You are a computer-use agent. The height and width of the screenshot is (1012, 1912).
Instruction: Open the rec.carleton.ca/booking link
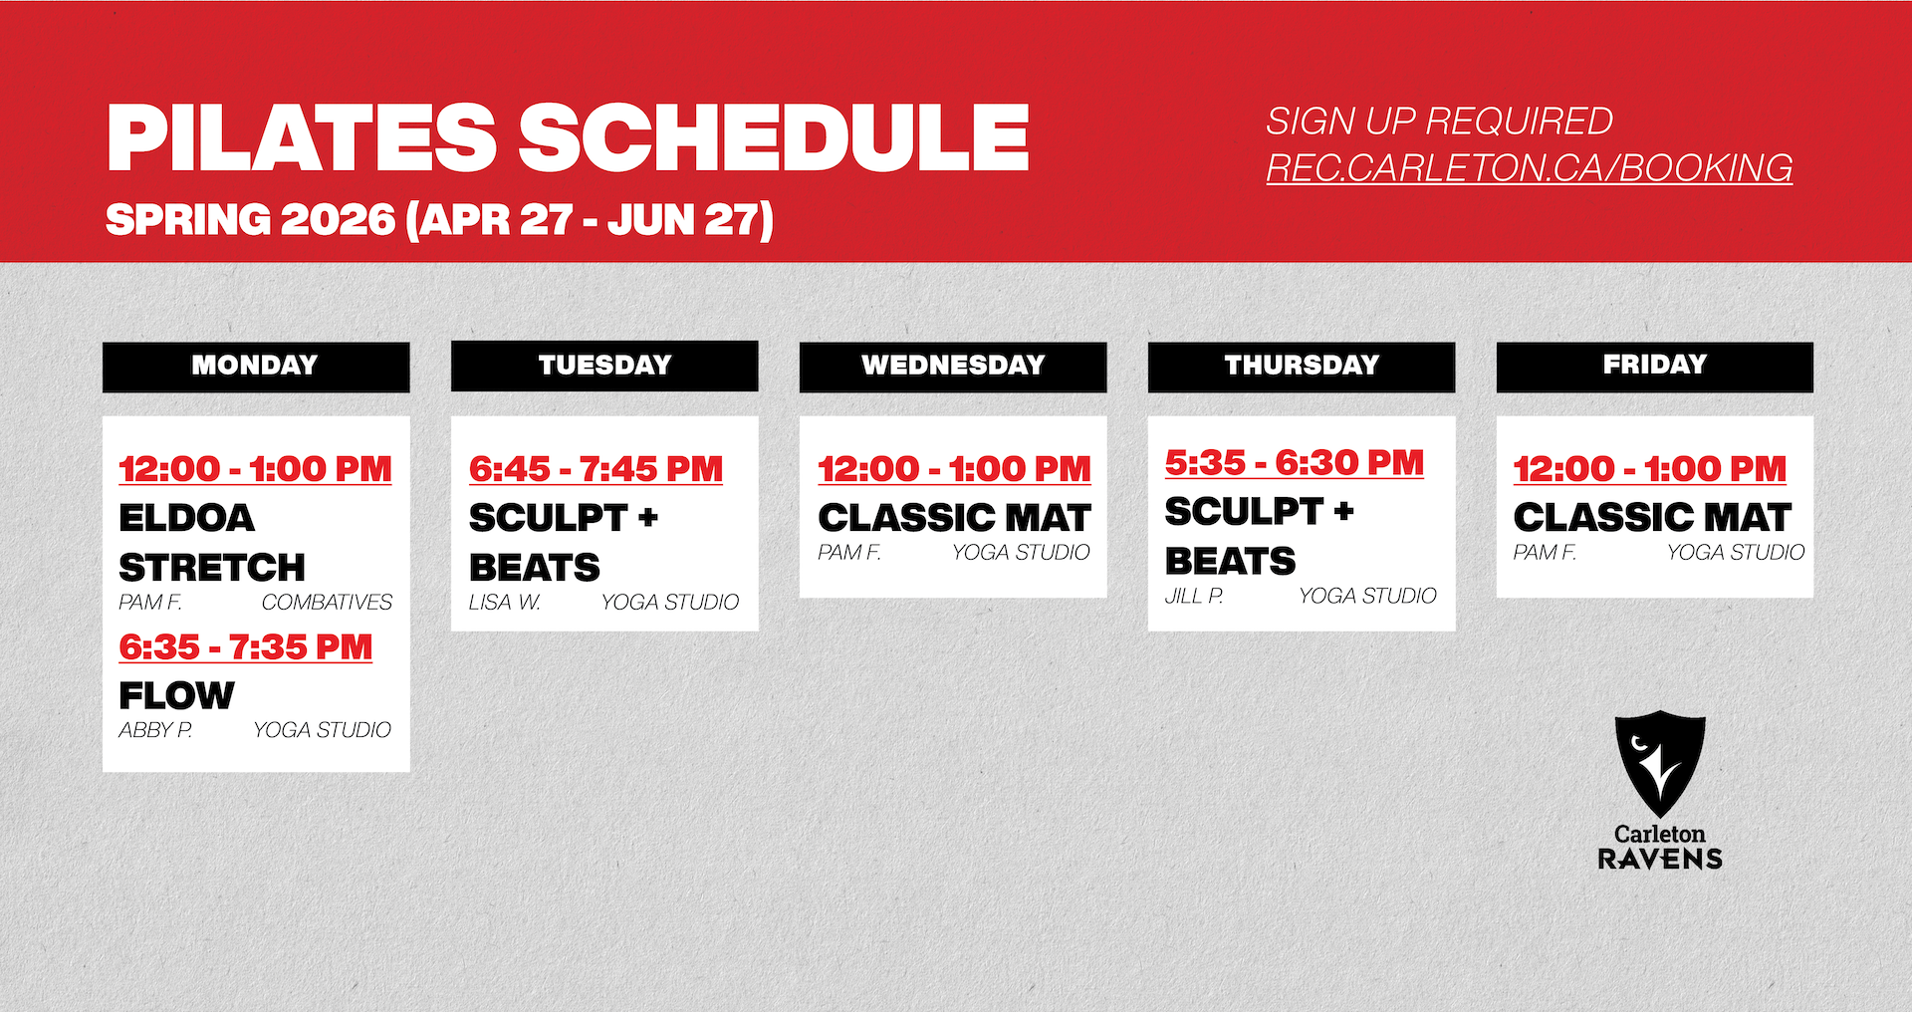(x=1530, y=167)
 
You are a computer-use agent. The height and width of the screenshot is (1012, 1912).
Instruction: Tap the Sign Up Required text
(x=1439, y=121)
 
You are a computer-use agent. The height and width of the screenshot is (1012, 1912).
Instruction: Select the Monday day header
(x=256, y=366)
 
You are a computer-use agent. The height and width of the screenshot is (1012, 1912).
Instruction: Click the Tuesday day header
(x=604, y=366)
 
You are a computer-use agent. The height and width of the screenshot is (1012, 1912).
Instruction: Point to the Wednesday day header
(x=953, y=366)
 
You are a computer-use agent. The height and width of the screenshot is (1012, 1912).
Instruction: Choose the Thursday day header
(x=1302, y=366)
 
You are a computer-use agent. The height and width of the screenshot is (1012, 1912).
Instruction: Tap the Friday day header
(x=1654, y=366)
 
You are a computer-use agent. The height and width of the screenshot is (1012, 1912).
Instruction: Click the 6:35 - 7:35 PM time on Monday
(x=245, y=647)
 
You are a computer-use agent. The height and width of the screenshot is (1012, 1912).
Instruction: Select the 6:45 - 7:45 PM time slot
(x=596, y=469)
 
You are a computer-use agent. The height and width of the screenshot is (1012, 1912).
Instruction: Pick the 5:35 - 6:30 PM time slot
(x=1295, y=463)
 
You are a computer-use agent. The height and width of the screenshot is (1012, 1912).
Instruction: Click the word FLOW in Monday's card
(x=176, y=695)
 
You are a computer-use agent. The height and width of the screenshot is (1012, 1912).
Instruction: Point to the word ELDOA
(x=186, y=518)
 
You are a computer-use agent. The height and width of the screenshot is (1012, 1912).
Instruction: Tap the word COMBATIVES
(x=327, y=603)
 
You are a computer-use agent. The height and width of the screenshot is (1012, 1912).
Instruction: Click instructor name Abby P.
(x=155, y=730)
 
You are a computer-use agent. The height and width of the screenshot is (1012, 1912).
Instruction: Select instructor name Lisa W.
(x=505, y=603)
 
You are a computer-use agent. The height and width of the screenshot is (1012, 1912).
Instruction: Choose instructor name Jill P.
(x=1194, y=596)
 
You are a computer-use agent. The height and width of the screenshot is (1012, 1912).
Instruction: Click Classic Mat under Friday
(x=1652, y=518)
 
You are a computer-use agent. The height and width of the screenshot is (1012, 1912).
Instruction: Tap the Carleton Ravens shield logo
(x=1660, y=762)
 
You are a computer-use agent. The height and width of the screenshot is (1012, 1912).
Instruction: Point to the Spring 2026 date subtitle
(x=439, y=219)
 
